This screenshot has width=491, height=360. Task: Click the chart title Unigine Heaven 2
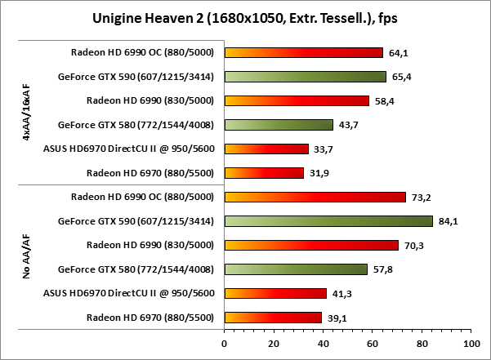[x=245, y=17]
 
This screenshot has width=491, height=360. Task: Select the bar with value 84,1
[x=328, y=221]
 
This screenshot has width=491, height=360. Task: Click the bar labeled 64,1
[x=303, y=53]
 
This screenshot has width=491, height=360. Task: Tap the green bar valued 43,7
[x=279, y=125]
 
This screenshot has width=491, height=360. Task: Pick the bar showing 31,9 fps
[x=264, y=173]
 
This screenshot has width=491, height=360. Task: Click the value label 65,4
[x=401, y=78]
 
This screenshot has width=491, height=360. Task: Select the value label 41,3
[x=341, y=293]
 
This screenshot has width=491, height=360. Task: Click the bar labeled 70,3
[x=311, y=245]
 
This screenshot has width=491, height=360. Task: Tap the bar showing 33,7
[x=266, y=149]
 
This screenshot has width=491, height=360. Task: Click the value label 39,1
[x=336, y=318]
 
